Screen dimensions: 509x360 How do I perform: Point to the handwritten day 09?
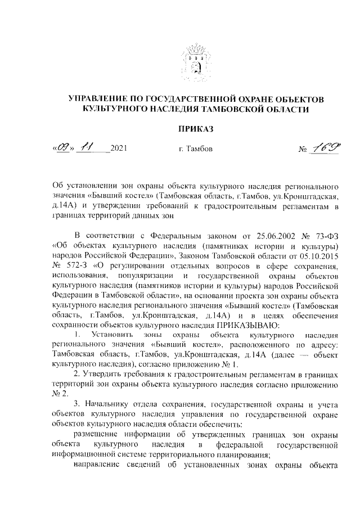tap(63, 148)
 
